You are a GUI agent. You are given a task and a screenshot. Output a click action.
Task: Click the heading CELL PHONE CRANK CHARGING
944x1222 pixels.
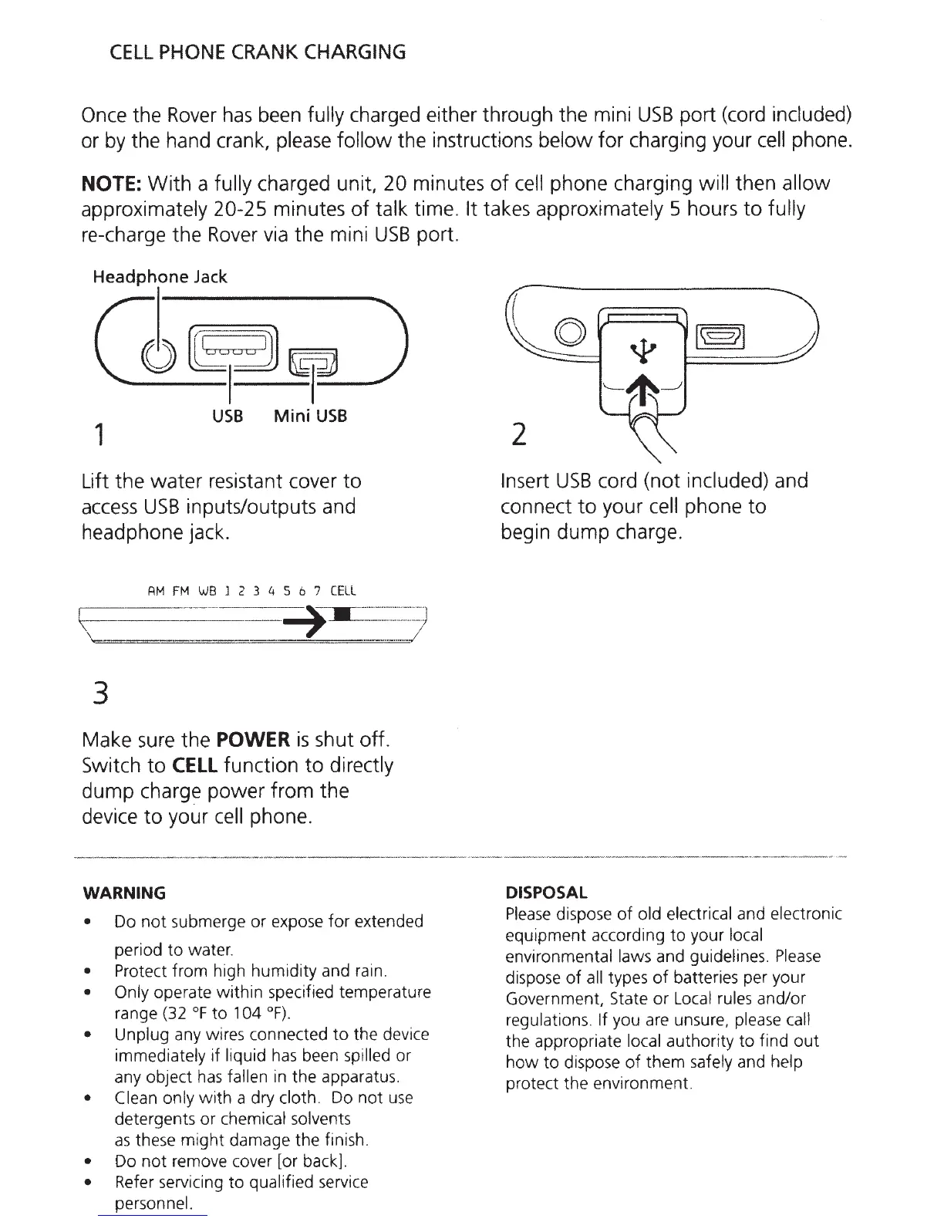[x=258, y=52]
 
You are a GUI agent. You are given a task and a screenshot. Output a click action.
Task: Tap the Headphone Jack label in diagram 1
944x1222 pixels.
[x=160, y=277]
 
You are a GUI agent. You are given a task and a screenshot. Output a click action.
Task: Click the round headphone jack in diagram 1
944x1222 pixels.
[x=157, y=356]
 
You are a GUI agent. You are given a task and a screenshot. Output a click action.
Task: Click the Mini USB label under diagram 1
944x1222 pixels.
[x=311, y=417]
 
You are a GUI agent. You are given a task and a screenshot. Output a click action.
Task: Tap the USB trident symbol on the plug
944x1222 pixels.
[x=645, y=351]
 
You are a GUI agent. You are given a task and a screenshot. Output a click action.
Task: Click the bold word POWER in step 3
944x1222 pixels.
[x=253, y=740]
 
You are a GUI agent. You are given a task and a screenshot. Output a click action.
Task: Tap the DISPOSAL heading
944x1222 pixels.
[x=546, y=893]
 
